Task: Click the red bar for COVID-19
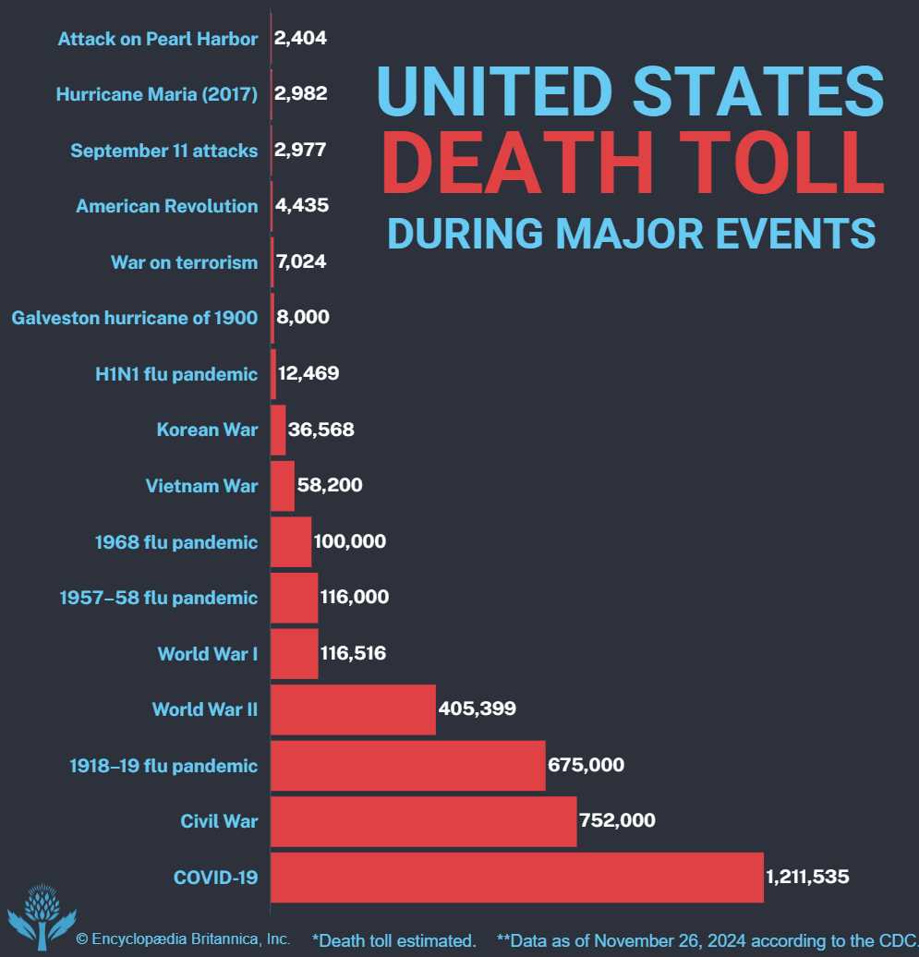pos(517,878)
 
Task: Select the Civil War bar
pos(423,821)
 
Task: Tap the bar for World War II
pos(353,709)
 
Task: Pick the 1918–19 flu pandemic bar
pos(407,766)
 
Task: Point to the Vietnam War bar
pos(283,486)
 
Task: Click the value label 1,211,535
pos(807,877)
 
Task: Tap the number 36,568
pos(321,430)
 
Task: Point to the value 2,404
pos(301,38)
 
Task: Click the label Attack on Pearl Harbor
pos(157,39)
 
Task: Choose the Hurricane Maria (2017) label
pos(156,94)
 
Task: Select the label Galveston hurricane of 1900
pos(134,318)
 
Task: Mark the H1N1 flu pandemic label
pos(175,374)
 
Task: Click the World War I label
pos(207,654)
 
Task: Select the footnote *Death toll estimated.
pos(394,940)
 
